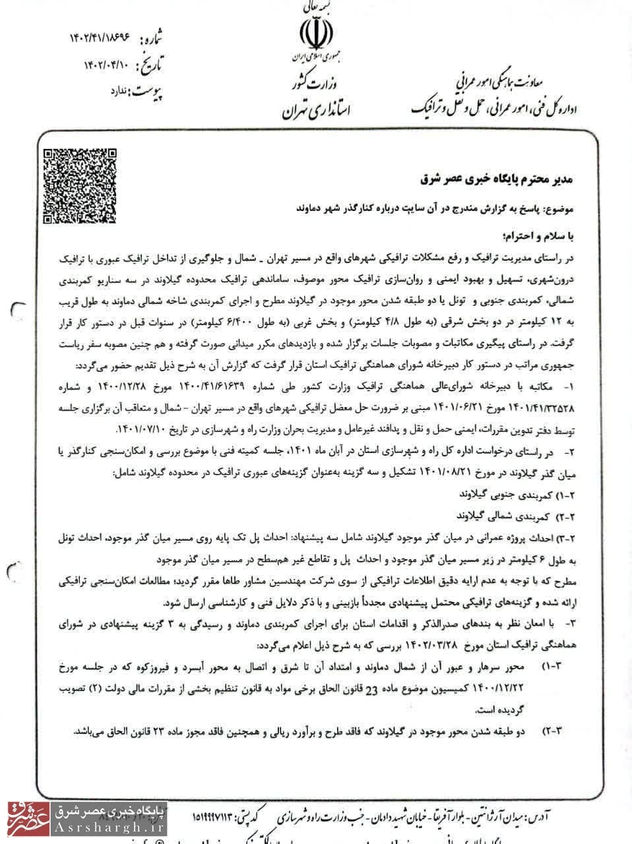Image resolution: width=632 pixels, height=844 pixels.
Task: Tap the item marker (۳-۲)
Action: pyautogui.click(x=552, y=731)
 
